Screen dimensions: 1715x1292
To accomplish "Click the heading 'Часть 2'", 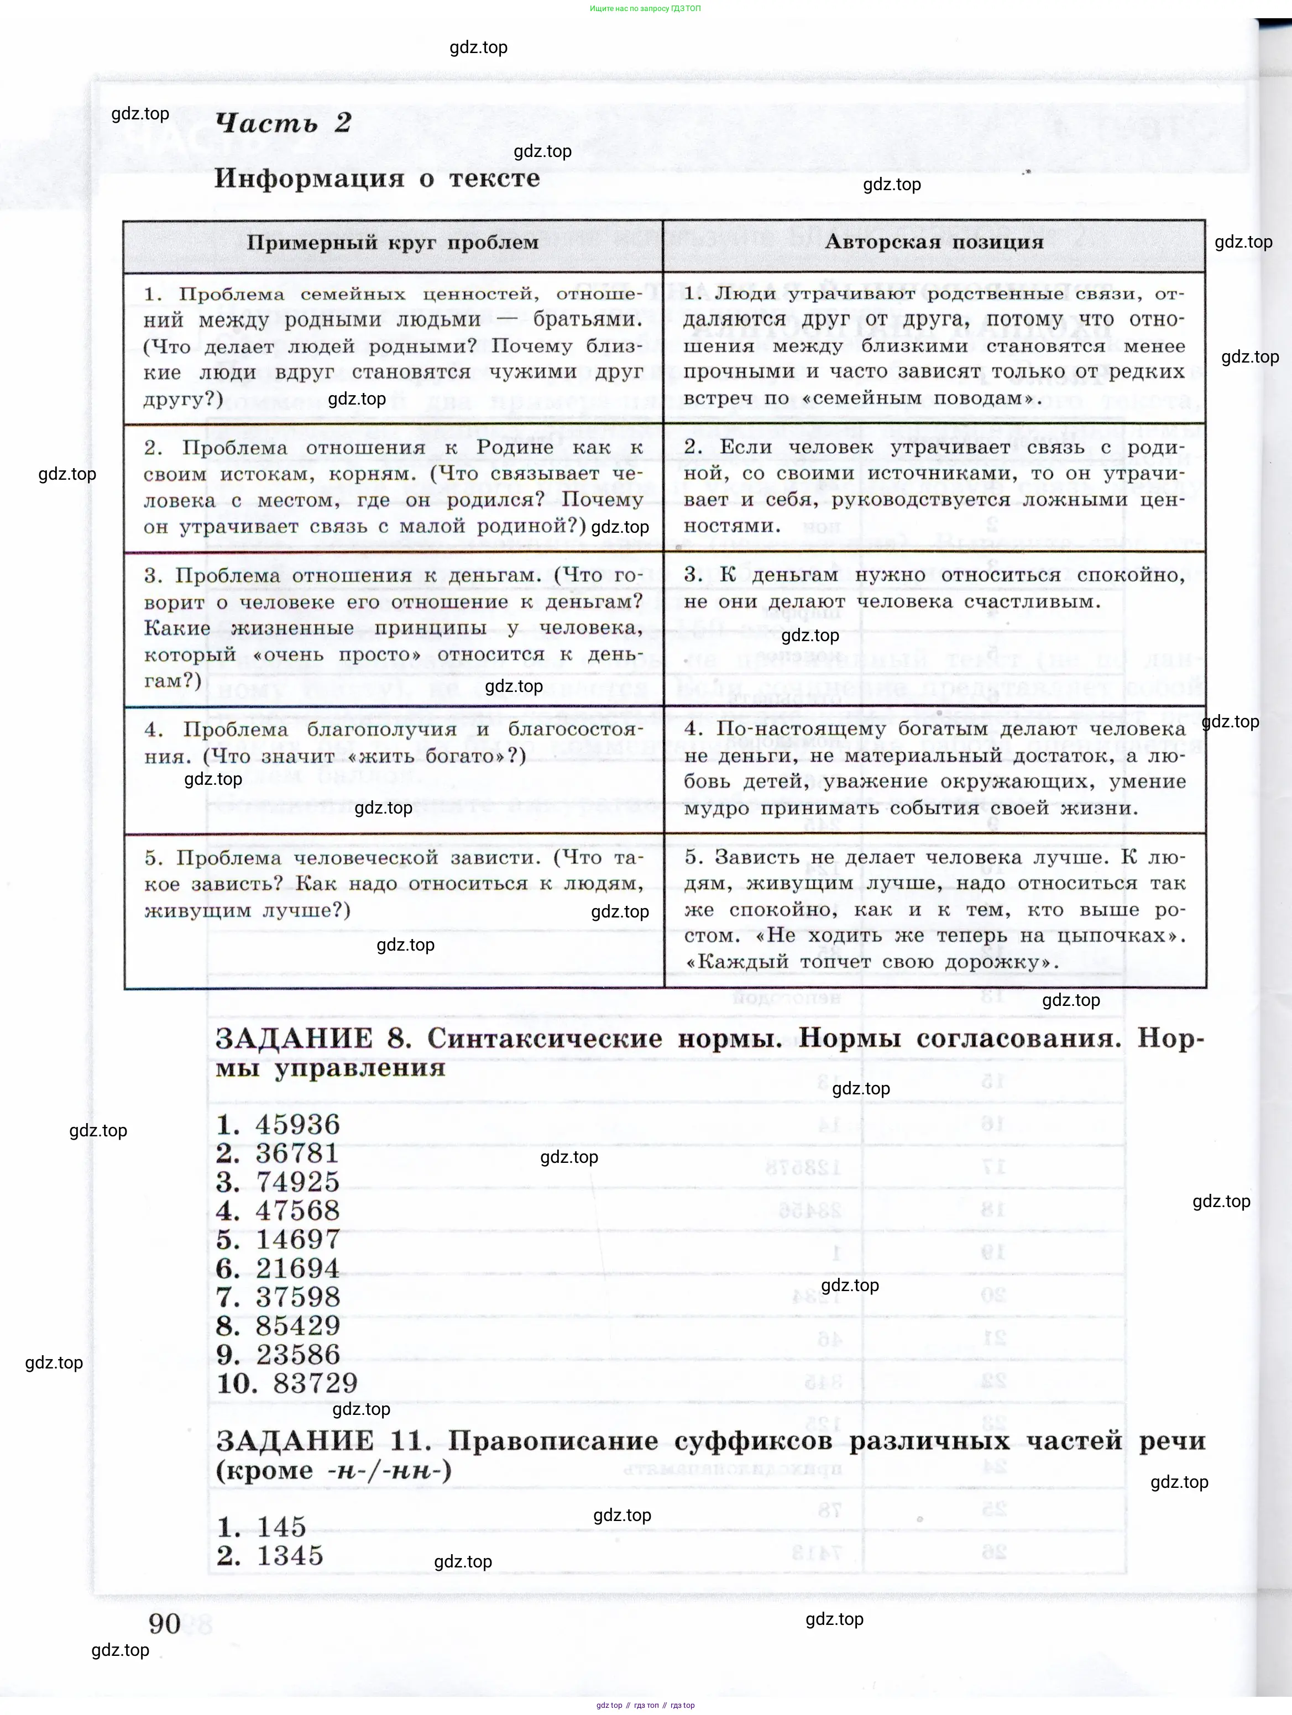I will [283, 123].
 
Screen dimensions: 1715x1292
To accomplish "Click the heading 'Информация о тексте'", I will [377, 179].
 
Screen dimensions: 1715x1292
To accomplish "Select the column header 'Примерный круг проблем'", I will [393, 243].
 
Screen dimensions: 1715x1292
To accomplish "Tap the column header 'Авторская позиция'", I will [934, 242].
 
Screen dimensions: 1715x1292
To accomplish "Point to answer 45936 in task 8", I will [298, 1125].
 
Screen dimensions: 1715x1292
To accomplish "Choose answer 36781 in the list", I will [298, 1153].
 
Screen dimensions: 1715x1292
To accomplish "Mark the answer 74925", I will [298, 1182].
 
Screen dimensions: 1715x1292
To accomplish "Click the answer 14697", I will [298, 1240].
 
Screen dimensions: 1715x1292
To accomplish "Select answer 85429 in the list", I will [298, 1326].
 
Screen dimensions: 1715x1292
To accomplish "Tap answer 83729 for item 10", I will [316, 1383].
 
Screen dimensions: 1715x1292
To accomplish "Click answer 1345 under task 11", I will [289, 1556].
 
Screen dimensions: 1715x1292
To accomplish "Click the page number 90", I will [164, 1623].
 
